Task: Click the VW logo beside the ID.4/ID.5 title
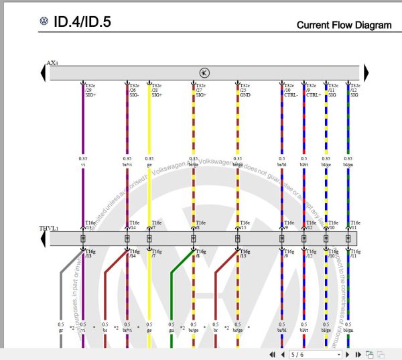point(44,22)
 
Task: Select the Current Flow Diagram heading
point(344,25)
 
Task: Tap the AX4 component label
point(52,63)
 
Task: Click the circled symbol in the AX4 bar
point(204,72)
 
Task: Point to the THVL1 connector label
point(48,229)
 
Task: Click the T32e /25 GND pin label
point(245,91)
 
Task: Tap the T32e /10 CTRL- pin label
point(289,91)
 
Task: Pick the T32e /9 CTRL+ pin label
point(312,91)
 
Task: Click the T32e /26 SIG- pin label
point(134,91)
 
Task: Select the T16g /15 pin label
point(244,253)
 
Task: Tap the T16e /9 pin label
point(289,225)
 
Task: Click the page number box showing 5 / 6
point(315,354)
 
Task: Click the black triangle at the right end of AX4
point(366,72)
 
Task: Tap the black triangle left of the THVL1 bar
point(44,238)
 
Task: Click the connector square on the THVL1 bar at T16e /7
point(149,238)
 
